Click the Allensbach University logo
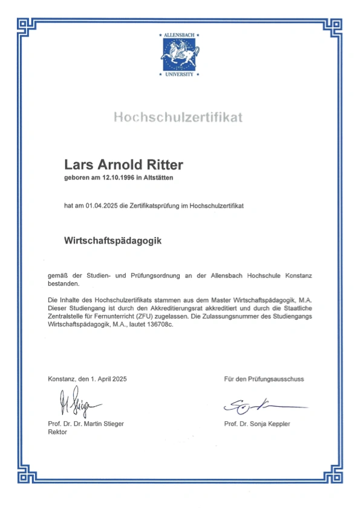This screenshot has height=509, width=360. (180, 55)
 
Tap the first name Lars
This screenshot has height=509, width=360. (77, 164)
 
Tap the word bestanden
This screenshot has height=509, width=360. (64, 284)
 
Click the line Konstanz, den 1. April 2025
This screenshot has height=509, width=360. (87, 379)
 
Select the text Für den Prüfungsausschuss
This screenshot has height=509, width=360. (264, 379)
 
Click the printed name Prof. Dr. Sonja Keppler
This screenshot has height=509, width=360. (257, 424)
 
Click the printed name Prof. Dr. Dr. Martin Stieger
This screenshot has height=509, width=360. (86, 424)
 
